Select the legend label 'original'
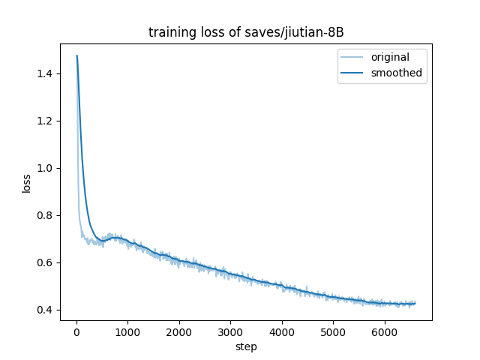click(x=390, y=57)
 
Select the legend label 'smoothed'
click(x=396, y=73)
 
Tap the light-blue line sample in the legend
click(x=352, y=57)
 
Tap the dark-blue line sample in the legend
click(x=352, y=73)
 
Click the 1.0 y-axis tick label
click(x=46, y=168)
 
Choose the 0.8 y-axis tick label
click(x=46, y=215)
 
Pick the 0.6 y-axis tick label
click(x=46, y=262)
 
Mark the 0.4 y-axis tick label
click(x=46, y=310)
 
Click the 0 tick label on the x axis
click(x=76, y=332)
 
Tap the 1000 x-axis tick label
click(x=127, y=332)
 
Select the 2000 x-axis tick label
click(x=179, y=332)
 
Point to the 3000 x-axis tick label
click(x=230, y=332)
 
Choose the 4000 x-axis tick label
click(x=282, y=332)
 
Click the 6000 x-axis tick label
click(x=384, y=332)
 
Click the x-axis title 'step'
click(x=245, y=346)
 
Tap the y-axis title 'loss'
click(x=26, y=183)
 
